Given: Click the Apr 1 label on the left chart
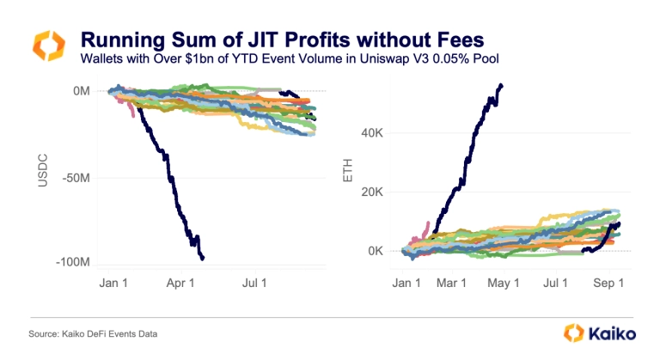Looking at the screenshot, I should (181, 282).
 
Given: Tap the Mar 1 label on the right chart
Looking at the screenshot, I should (452, 282).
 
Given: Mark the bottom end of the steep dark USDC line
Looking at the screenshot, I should (202, 257).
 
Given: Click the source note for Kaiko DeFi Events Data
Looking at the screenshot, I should (90, 333).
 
